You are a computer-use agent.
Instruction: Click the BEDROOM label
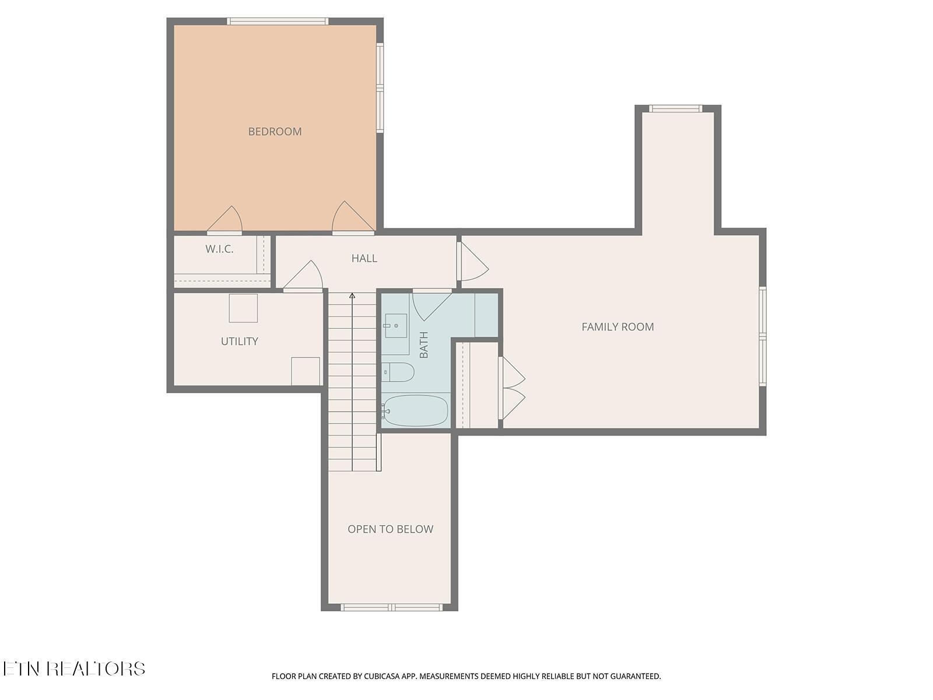coord(275,131)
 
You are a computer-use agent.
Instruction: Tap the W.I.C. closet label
coord(219,249)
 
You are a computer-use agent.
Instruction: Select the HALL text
coord(364,258)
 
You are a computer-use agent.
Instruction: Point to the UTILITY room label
coord(239,341)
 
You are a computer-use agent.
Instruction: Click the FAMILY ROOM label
coord(618,327)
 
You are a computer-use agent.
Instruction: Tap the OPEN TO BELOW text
coord(390,529)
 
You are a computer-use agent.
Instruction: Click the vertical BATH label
coord(424,345)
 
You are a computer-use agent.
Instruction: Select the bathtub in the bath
coord(416,411)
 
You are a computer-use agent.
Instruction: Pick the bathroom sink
coord(396,325)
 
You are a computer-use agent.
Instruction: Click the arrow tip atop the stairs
coord(352,296)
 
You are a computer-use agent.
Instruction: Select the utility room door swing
coord(305,276)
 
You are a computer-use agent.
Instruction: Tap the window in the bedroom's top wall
coord(278,22)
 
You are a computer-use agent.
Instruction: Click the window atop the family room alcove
coord(675,108)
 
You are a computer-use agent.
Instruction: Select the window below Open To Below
coord(391,607)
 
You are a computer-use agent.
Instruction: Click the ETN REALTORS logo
coord(73,668)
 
